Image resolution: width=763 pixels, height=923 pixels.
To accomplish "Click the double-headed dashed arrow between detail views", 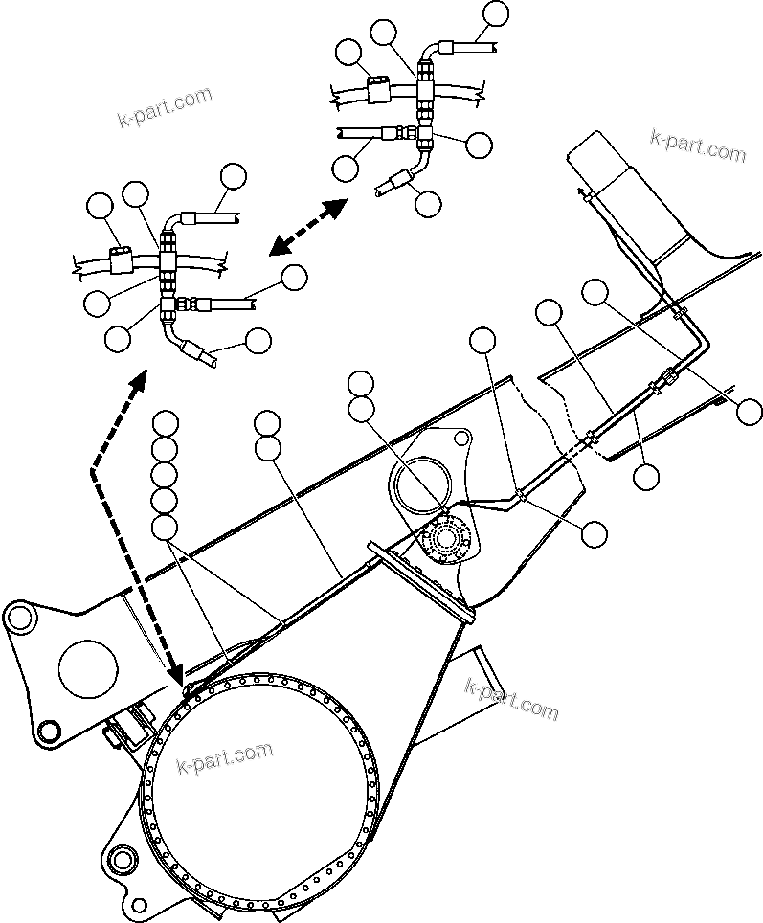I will click(x=307, y=227).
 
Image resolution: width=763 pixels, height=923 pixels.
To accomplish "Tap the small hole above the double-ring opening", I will click(x=461, y=439).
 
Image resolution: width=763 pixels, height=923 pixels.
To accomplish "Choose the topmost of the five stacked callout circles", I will click(x=166, y=422).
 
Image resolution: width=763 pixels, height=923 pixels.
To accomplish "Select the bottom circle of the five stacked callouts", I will click(x=166, y=526).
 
